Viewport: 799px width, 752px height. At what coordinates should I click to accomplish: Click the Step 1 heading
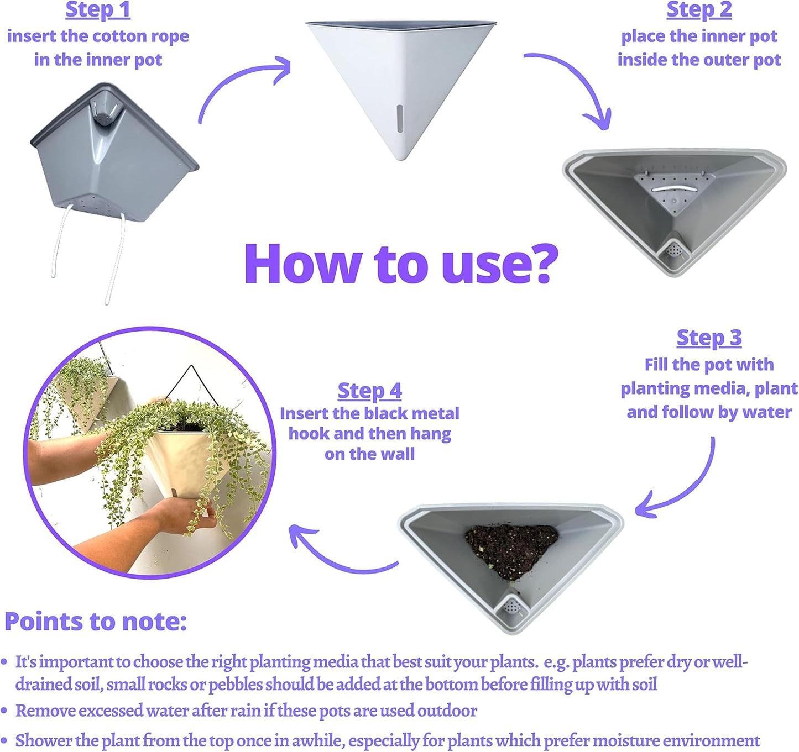[x=98, y=10]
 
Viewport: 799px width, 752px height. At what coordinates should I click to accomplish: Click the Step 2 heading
[x=699, y=10]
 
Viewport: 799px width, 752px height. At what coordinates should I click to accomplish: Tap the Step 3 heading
[x=709, y=338]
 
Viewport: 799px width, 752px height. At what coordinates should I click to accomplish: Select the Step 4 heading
[x=370, y=391]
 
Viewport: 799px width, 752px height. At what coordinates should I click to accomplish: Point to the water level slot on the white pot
[x=399, y=118]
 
